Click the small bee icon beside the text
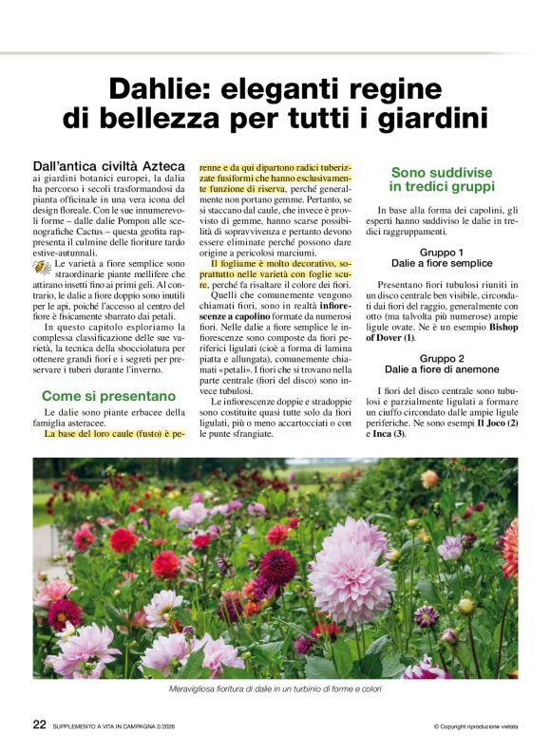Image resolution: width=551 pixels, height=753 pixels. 42,268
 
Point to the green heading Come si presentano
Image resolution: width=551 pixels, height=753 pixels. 108,395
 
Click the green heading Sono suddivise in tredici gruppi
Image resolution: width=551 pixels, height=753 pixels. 443,179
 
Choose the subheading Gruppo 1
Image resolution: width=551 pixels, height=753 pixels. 443,253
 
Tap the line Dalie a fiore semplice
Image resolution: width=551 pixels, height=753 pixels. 443,264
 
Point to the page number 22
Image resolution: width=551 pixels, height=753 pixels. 40,724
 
